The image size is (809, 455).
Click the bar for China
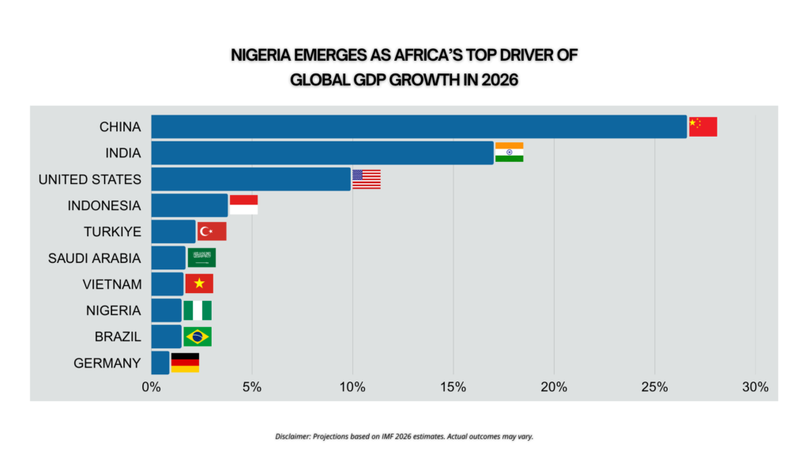(x=419, y=126)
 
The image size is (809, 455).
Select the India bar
(x=322, y=152)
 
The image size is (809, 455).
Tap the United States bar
(x=250, y=179)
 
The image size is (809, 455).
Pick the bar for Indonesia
(x=190, y=205)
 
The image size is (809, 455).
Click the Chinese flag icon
(x=702, y=126)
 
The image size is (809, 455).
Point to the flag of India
(x=509, y=152)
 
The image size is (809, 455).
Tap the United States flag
(x=367, y=179)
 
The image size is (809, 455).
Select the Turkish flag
(x=212, y=231)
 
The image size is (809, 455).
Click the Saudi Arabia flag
(x=201, y=258)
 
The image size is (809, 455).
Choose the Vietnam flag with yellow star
(x=199, y=284)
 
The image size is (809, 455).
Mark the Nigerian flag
(x=198, y=310)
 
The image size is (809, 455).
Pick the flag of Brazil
(x=198, y=337)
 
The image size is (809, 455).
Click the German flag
(x=185, y=363)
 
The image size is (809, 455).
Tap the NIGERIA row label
(x=115, y=310)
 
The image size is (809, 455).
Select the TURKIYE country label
(x=112, y=231)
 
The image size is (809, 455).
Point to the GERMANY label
(x=107, y=363)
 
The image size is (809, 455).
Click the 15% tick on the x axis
(x=453, y=387)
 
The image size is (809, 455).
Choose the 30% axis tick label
(x=754, y=387)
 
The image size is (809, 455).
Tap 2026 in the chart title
(x=497, y=80)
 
